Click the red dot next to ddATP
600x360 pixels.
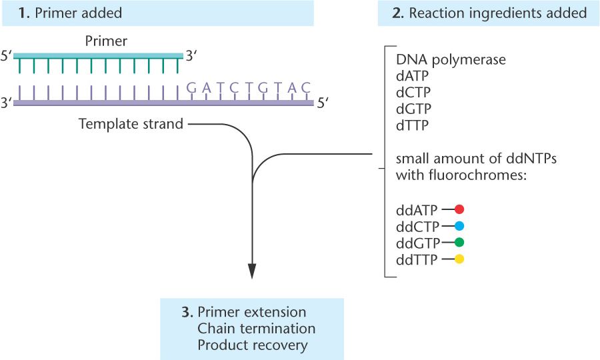pos(459,209)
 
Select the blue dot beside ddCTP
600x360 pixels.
pos(459,225)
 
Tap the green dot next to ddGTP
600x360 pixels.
pos(459,242)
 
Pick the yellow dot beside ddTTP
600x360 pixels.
pos(459,259)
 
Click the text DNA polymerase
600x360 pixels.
pos(451,59)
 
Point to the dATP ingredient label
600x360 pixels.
pos(412,76)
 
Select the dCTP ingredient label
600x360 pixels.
pos(412,93)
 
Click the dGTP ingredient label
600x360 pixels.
pos(413,109)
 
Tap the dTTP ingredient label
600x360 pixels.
pos(411,125)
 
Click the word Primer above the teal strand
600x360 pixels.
pos(106,41)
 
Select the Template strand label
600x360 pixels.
pos(131,124)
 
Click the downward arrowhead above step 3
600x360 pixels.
pos(253,270)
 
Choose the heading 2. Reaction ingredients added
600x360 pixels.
pos(489,13)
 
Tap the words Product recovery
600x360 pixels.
pos(253,345)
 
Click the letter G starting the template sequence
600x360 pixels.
pos(192,87)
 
